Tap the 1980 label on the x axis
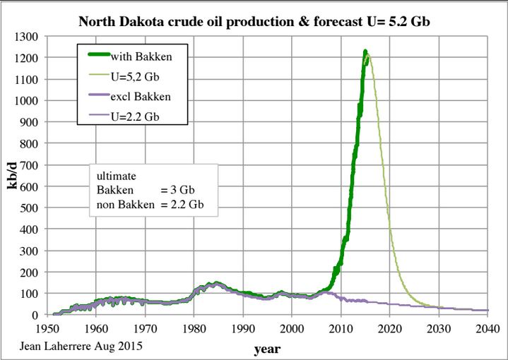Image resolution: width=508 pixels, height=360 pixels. point(194,328)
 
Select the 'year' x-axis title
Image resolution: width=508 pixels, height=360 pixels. point(268,349)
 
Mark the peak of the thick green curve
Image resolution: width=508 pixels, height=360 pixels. point(365,51)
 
